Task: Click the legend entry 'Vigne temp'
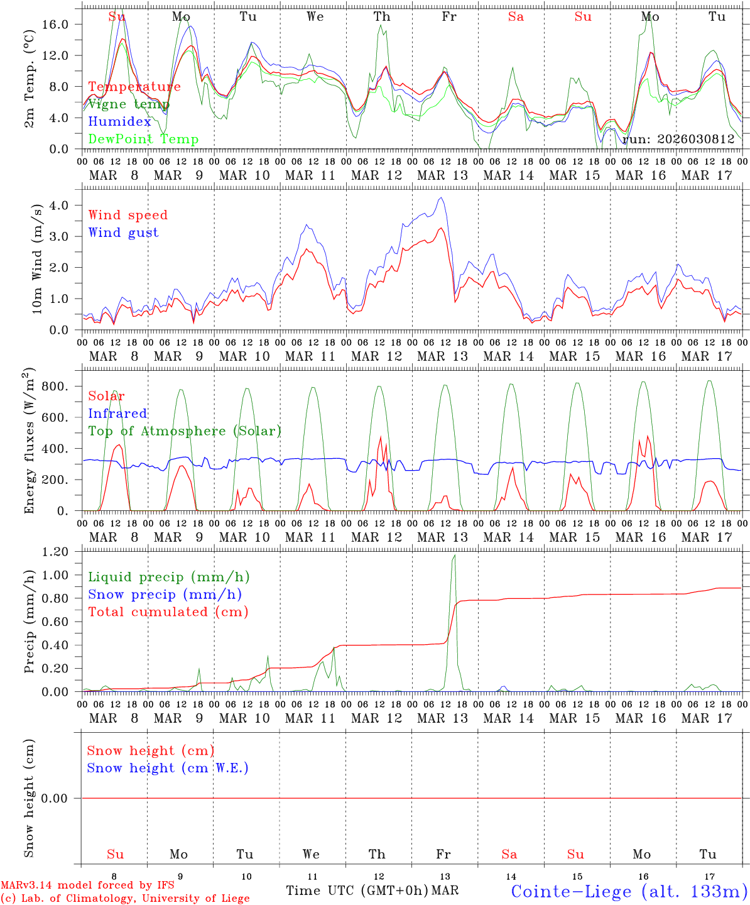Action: (x=129, y=104)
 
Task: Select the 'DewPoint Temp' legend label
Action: (x=143, y=140)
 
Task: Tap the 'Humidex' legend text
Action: (x=119, y=122)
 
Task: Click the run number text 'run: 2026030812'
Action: (x=678, y=140)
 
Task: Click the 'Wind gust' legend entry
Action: (x=123, y=233)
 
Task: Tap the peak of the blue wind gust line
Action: (x=442, y=198)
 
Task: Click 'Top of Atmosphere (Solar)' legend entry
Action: (x=185, y=431)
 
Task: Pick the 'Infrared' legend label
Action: (x=117, y=414)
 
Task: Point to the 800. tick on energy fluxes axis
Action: (x=55, y=386)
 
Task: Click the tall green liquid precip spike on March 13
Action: (x=454, y=556)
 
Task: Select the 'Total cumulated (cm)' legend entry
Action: (x=168, y=612)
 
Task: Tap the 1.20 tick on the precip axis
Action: (x=55, y=552)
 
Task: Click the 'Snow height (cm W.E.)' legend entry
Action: (x=168, y=768)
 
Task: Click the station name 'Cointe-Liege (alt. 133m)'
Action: (x=629, y=891)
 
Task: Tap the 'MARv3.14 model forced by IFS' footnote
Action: (x=87, y=886)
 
